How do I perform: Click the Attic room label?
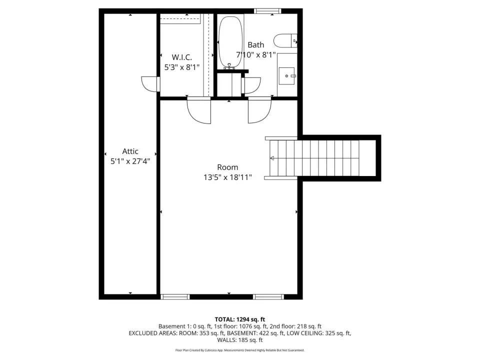click(x=130, y=151)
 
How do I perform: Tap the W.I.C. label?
click(x=182, y=57)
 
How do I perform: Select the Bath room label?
click(x=256, y=45)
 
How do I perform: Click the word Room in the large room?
click(x=227, y=167)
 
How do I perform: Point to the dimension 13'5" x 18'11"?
click(x=228, y=177)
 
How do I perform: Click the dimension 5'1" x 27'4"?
click(x=130, y=161)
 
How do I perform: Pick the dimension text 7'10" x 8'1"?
click(x=256, y=55)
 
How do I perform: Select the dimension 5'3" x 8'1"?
click(x=182, y=67)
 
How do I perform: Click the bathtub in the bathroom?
click(x=230, y=42)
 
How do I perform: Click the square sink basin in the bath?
click(x=287, y=75)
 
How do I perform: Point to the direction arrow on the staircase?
click(x=272, y=158)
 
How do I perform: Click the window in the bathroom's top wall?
click(x=267, y=11)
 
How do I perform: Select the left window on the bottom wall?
click(x=175, y=296)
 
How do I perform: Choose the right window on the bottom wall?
click(x=268, y=296)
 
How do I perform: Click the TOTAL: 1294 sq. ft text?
click(x=240, y=319)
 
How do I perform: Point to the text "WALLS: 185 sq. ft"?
click(x=240, y=340)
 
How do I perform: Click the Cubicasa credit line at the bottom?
click(x=240, y=350)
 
